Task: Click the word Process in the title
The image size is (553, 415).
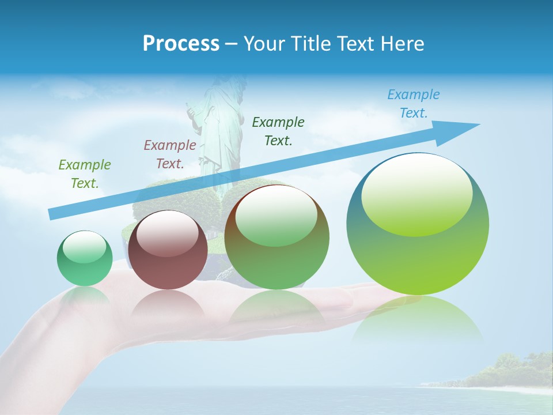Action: click(x=181, y=44)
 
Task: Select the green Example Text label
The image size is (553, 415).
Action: click(x=85, y=174)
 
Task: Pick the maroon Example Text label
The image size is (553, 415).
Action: click(x=170, y=154)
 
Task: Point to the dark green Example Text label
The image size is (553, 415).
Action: click(x=278, y=131)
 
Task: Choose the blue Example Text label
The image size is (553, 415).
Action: click(x=414, y=104)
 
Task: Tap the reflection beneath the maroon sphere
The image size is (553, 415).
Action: click(x=168, y=303)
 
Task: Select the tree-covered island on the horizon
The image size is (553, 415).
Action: click(x=507, y=372)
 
